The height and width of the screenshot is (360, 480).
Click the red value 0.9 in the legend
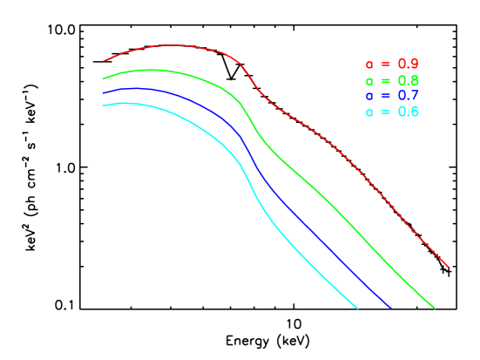[408, 65]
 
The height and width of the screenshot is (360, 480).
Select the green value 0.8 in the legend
[408, 80]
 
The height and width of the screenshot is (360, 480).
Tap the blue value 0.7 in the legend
[408, 96]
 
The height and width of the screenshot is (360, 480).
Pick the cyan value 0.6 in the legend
[408, 112]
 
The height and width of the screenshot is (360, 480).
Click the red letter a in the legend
[369, 65]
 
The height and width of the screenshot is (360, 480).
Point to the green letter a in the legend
[369, 81]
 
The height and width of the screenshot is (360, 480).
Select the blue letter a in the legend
[369, 97]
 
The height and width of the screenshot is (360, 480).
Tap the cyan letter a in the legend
[369, 113]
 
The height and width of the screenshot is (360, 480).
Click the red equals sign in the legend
[384, 65]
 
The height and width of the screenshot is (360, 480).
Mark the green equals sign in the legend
[384, 80]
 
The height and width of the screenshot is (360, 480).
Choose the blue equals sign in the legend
[384, 96]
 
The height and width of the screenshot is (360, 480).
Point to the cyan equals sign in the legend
[384, 112]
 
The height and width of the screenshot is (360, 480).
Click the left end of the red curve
[104, 62]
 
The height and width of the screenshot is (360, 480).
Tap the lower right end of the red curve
[448, 267]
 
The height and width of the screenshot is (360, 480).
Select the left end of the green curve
[103, 78]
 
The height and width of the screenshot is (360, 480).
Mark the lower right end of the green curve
[434, 308]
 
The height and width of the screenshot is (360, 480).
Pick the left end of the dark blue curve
[103, 92]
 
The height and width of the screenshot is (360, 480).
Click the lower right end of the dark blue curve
[391, 308]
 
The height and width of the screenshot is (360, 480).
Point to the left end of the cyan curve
[103, 105]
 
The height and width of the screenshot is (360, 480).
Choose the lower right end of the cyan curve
[357, 308]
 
